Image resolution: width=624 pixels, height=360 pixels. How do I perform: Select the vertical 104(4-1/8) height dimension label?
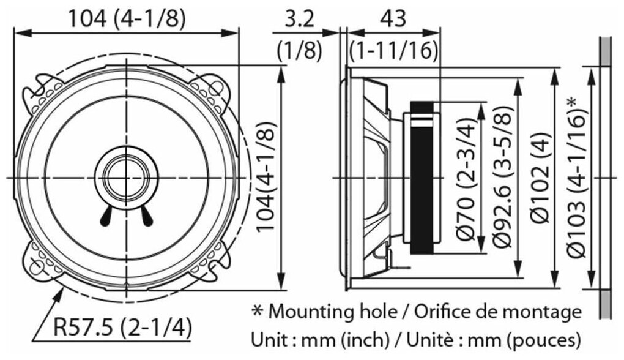click(265, 177)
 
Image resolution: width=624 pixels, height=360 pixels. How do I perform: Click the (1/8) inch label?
click(299, 50)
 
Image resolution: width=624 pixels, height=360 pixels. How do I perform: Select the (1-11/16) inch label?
click(394, 50)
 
